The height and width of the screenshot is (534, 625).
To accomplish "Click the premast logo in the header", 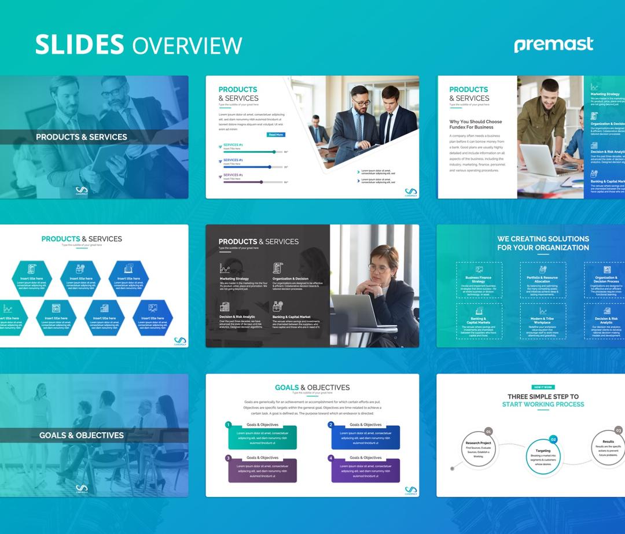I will point(553,45).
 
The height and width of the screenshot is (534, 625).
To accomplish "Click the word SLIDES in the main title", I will point(80,45).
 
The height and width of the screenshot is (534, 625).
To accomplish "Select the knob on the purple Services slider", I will point(261,182).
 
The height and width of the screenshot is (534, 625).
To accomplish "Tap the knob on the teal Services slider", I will point(274,152).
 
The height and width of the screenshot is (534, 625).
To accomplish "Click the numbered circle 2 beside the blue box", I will point(331,425).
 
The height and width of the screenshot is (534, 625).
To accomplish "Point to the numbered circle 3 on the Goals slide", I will point(229,458).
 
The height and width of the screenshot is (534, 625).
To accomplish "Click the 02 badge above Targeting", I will point(553,440).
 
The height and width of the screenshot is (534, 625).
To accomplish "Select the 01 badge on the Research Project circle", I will point(488,431).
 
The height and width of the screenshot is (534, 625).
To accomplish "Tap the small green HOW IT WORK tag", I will point(543,387).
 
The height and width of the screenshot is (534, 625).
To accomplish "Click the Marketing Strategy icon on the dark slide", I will point(225,268).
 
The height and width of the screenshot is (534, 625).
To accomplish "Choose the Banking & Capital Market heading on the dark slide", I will point(292,317).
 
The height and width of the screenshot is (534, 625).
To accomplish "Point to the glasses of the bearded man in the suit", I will point(362,103).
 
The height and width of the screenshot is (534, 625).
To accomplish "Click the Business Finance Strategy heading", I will point(479,279).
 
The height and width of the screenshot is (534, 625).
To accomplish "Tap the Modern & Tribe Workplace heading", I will point(543,321).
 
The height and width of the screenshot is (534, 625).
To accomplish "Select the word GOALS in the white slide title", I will point(287,388).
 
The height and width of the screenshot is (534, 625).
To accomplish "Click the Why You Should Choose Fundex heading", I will point(476,124).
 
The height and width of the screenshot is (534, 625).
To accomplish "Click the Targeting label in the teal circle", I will point(543,450).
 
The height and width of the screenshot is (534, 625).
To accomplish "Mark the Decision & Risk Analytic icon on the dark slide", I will point(225,307).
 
